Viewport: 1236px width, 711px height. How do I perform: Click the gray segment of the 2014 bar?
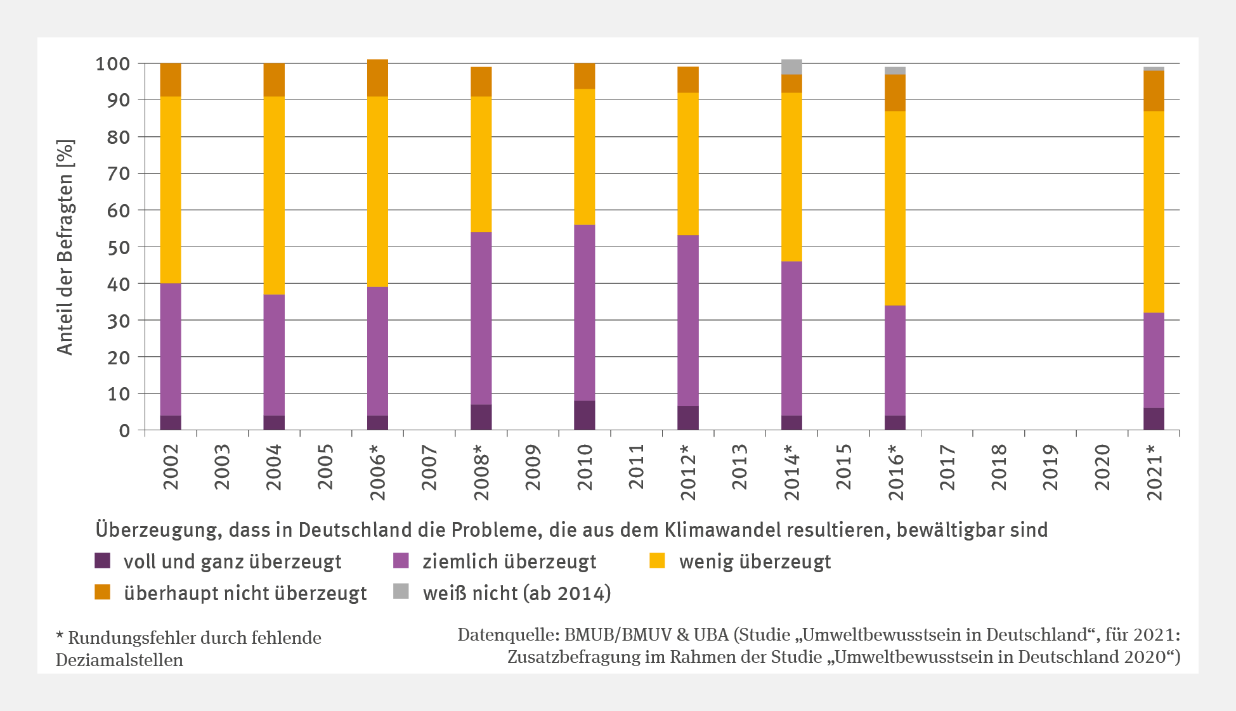pyautogui.click(x=791, y=67)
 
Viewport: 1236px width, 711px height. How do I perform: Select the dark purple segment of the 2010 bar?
pyautogui.click(x=584, y=415)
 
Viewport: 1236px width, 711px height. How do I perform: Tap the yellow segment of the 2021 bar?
pyautogui.click(x=1153, y=212)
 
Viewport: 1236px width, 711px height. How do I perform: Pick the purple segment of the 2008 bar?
pyautogui.click(x=481, y=318)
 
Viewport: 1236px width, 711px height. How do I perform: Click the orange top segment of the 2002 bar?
pyautogui.click(x=170, y=80)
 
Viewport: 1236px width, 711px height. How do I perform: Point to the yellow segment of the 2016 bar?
pyautogui.click(x=895, y=208)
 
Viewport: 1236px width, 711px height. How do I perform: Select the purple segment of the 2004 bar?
pyautogui.click(x=273, y=355)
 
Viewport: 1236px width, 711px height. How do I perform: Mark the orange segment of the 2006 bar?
pyautogui.click(x=377, y=78)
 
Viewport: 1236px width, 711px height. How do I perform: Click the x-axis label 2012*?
pyautogui.click(x=688, y=472)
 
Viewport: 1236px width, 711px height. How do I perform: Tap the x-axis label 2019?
pyautogui.click(x=1050, y=467)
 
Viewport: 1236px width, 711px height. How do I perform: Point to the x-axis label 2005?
pyautogui.click(x=325, y=467)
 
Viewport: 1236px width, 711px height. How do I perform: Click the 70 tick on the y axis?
pyautogui.click(x=118, y=174)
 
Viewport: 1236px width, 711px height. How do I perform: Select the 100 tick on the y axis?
pyautogui.click(x=113, y=64)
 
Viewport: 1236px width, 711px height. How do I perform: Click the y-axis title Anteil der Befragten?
pyautogui.click(x=65, y=247)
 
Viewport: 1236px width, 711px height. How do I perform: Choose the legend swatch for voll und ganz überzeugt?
pyautogui.click(x=102, y=561)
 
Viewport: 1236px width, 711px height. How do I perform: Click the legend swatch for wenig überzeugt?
pyautogui.click(x=657, y=561)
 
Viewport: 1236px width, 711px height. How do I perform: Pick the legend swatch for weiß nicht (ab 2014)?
pyautogui.click(x=401, y=592)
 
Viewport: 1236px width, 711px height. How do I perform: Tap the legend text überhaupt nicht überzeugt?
pyautogui.click(x=245, y=593)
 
